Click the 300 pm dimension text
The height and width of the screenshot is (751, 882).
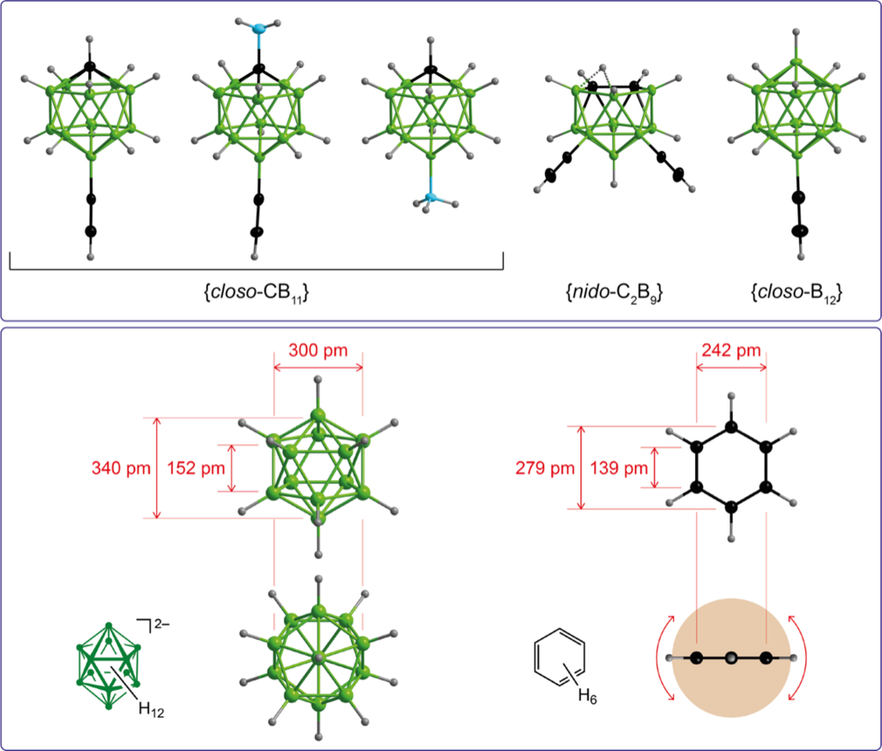click(318, 350)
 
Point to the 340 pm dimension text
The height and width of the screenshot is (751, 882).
click(121, 468)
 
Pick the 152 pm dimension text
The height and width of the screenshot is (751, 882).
click(196, 468)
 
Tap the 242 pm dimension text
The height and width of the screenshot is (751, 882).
click(731, 350)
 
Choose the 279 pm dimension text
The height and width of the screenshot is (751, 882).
click(545, 468)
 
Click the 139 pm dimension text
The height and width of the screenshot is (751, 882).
click(619, 468)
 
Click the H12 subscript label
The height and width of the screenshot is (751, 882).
click(152, 710)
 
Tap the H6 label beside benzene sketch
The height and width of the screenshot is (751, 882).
click(587, 696)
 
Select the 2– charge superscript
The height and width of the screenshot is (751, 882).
click(161, 624)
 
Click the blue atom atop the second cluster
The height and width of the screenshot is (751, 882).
click(258, 28)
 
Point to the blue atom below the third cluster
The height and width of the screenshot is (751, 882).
click(431, 198)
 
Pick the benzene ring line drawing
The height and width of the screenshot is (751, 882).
click(560, 657)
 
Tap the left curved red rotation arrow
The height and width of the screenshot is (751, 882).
click(664, 657)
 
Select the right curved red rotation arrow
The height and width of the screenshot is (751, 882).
click(799, 657)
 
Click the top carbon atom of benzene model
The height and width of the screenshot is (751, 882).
click(730, 427)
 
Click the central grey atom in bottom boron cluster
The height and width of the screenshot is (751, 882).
click(318, 657)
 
